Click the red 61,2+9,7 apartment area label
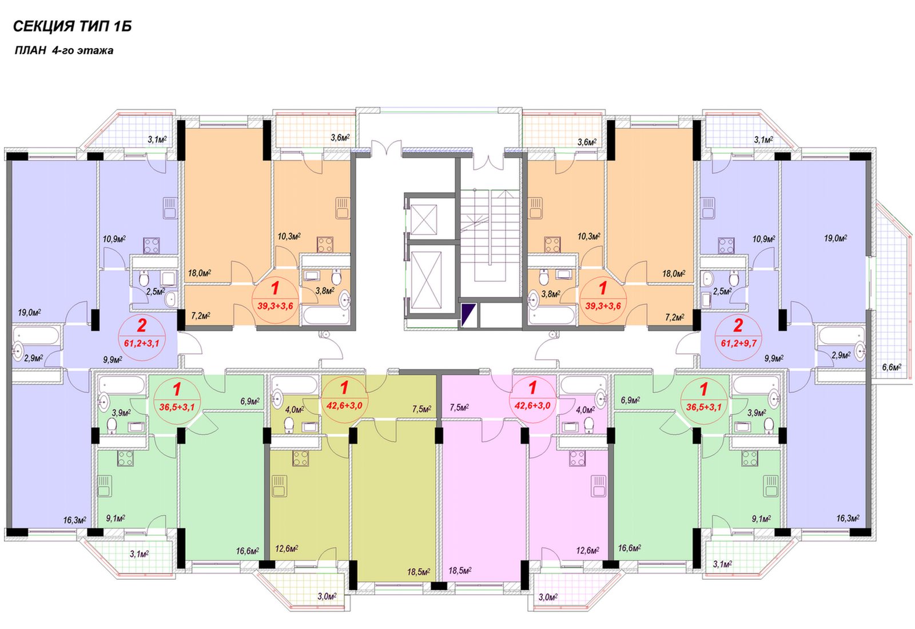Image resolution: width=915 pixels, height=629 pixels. (738, 343)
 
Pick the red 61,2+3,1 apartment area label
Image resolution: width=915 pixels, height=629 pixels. (142, 343)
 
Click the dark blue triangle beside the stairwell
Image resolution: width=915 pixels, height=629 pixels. (468, 314)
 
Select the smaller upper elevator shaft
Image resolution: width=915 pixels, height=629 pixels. (424, 220)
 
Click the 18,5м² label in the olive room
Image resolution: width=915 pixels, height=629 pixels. (418, 572)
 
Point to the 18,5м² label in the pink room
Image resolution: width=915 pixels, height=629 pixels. (460, 570)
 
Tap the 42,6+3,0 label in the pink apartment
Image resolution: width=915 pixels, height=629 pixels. (532, 405)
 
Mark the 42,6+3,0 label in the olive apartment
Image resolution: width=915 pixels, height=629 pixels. (344, 405)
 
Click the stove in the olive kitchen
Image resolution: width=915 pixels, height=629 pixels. (300, 458)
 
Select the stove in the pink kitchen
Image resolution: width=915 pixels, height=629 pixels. (577, 458)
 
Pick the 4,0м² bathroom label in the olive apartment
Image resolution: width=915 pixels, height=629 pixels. (294, 409)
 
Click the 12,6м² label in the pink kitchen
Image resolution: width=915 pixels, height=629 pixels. (587, 551)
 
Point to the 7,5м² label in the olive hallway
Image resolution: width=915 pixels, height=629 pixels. (421, 409)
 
